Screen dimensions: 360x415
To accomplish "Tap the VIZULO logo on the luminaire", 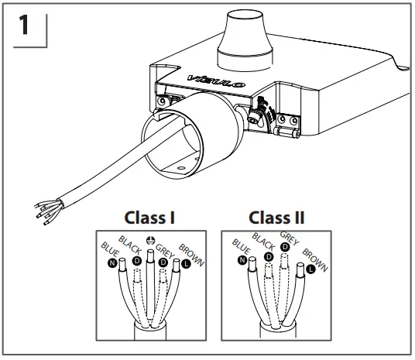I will click(x=205, y=78).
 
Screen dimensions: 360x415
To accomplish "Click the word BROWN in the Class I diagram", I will click(x=191, y=253).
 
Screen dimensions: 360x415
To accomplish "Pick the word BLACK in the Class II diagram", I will click(x=263, y=243).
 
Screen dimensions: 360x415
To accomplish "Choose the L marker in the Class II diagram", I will click(x=311, y=269).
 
